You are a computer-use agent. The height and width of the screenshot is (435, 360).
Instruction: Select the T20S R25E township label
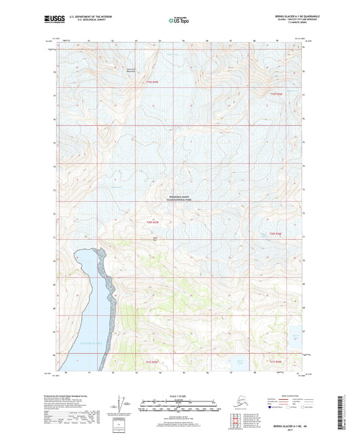click(x=154, y=222)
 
